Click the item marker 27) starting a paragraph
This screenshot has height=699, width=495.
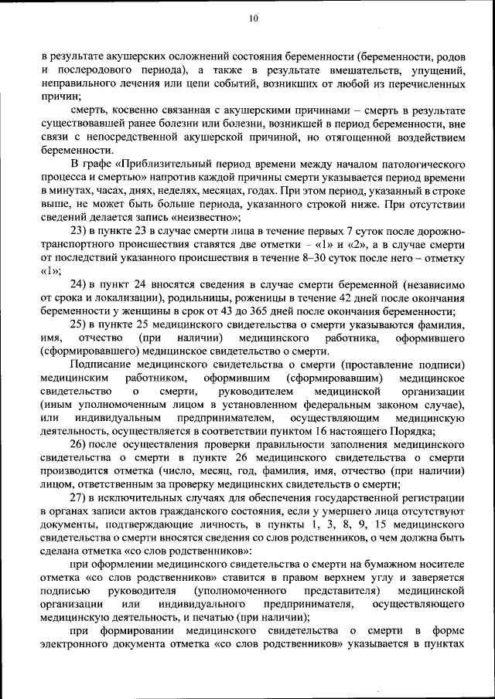coord(80,498)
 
